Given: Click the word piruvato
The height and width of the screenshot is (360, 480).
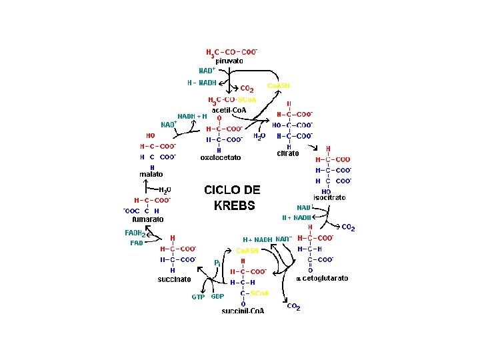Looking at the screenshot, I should click(x=229, y=61).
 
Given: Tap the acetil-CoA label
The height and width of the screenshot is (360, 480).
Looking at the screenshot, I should click(x=231, y=109).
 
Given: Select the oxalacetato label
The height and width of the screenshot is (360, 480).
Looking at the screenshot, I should click(x=221, y=158).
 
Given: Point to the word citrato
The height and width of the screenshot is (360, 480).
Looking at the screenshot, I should click(x=288, y=154).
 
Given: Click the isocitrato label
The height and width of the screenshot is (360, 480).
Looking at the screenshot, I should click(x=329, y=198).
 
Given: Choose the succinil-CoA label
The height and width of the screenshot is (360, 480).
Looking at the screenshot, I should click(x=243, y=311).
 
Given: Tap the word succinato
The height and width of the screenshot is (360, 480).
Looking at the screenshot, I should click(x=174, y=279).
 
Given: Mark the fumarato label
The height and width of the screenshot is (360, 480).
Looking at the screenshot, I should click(x=147, y=219).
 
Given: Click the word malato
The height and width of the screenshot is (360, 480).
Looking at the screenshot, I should click(x=151, y=174).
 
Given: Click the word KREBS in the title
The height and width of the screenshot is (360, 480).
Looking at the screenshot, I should click(x=234, y=205).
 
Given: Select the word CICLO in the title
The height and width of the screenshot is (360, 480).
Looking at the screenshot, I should click(x=222, y=190).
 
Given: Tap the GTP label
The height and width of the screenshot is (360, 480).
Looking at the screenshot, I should click(x=199, y=297).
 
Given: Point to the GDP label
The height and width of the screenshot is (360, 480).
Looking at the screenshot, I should click(x=217, y=297).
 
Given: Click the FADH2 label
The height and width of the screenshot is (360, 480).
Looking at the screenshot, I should click(x=135, y=233).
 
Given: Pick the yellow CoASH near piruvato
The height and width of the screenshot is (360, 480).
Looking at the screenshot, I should click(x=278, y=85).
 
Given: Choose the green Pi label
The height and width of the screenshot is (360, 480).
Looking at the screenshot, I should click(x=217, y=263).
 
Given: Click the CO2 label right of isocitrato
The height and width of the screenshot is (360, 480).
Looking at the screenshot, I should click(x=348, y=229).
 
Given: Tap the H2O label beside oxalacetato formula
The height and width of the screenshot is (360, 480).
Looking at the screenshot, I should click(x=259, y=136).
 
